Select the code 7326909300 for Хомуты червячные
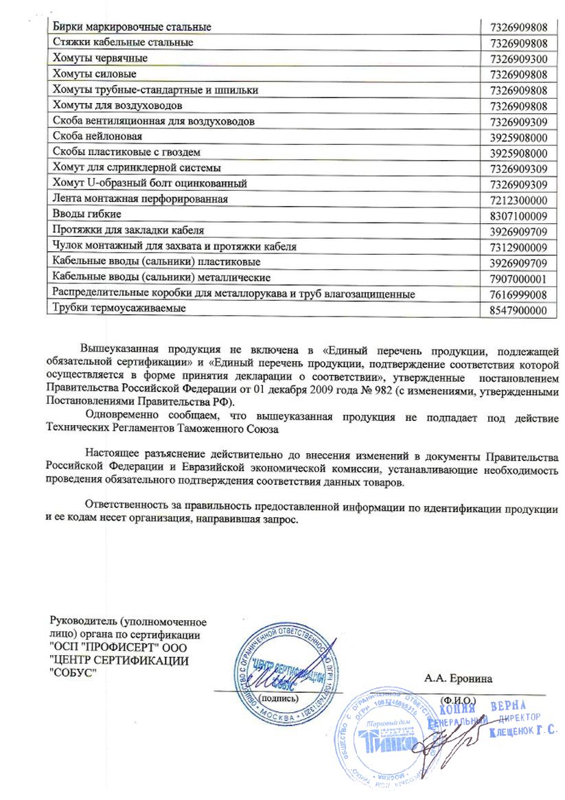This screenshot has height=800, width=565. click(519, 58)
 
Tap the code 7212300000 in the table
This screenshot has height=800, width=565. click(519, 200)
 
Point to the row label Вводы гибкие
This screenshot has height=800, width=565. click(87, 215)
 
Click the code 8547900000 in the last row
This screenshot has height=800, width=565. click(519, 310)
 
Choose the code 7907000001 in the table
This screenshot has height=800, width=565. click(519, 278)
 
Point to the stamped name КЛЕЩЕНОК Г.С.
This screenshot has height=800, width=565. click(522, 732)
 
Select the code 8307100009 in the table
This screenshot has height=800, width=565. click(519, 216)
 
